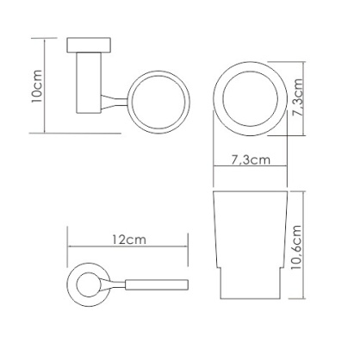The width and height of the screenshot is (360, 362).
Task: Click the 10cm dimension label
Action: pos(37,86)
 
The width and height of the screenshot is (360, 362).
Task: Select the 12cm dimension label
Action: pos(129,239)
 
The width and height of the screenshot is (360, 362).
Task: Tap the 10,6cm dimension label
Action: pos(296,247)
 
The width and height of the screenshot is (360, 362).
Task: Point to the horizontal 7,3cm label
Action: pos(251,159)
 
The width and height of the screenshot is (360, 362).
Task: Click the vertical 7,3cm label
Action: pos(297,97)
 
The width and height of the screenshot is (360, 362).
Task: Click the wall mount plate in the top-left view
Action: pos(89,45)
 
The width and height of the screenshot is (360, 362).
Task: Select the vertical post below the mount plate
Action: pos(89,83)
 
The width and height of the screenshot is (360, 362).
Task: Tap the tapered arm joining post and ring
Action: pos(114,102)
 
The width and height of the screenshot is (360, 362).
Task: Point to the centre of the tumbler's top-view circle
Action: pos(251,98)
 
